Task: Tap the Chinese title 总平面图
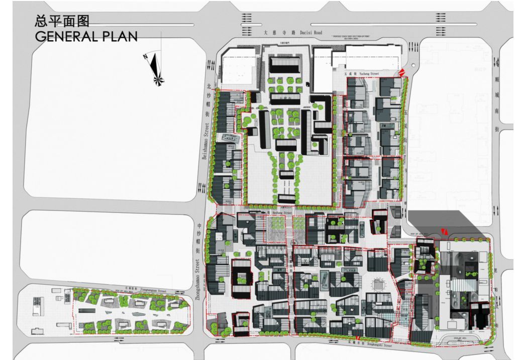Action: pos(61,21)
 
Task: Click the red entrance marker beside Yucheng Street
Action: pos(402,72)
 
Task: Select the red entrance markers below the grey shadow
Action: pos(444,231)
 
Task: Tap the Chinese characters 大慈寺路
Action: pos(275,32)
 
